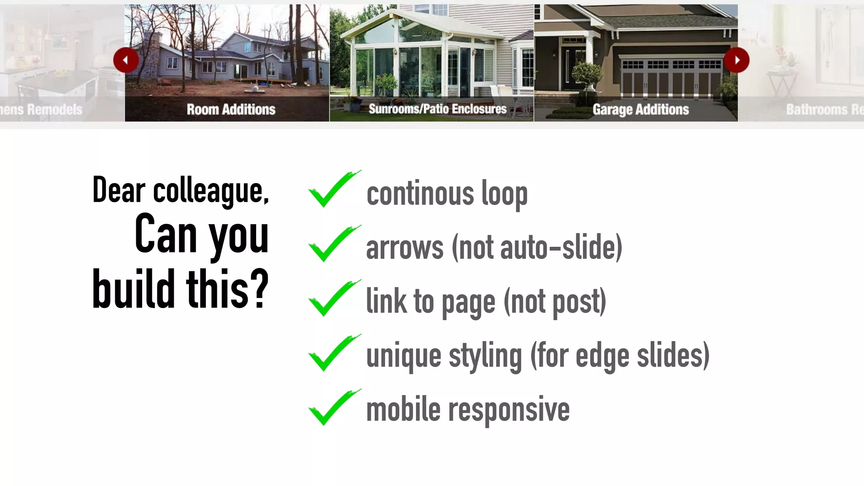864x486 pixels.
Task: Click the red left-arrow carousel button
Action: pyautogui.click(x=126, y=60)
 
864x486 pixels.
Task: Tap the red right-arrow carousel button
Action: pyautogui.click(x=737, y=60)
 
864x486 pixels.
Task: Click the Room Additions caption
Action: pyautogui.click(x=231, y=110)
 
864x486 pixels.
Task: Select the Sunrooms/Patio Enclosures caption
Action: pyautogui.click(x=437, y=109)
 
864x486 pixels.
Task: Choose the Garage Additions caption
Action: pyautogui.click(x=640, y=110)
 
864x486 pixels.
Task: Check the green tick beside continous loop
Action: pyautogui.click(x=333, y=189)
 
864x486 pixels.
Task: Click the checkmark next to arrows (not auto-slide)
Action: pyautogui.click(x=333, y=244)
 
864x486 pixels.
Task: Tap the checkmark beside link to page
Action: pyautogui.click(x=333, y=298)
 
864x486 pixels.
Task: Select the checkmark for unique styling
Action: pyautogui.click(x=333, y=353)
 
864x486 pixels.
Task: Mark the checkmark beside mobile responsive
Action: pyautogui.click(x=333, y=408)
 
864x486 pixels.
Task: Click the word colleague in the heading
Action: pyautogui.click(x=211, y=191)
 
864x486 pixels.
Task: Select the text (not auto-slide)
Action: pyautogui.click(x=537, y=248)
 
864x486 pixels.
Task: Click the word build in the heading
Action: pyautogui.click(x=133, y=289)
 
